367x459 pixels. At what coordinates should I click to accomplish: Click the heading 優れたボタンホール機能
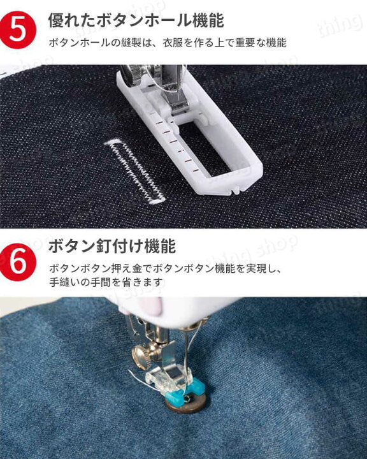tap(136, 20)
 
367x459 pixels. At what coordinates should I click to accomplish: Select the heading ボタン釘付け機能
tap(112, 245)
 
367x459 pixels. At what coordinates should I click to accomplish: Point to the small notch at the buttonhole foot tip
tap(236, 188)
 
